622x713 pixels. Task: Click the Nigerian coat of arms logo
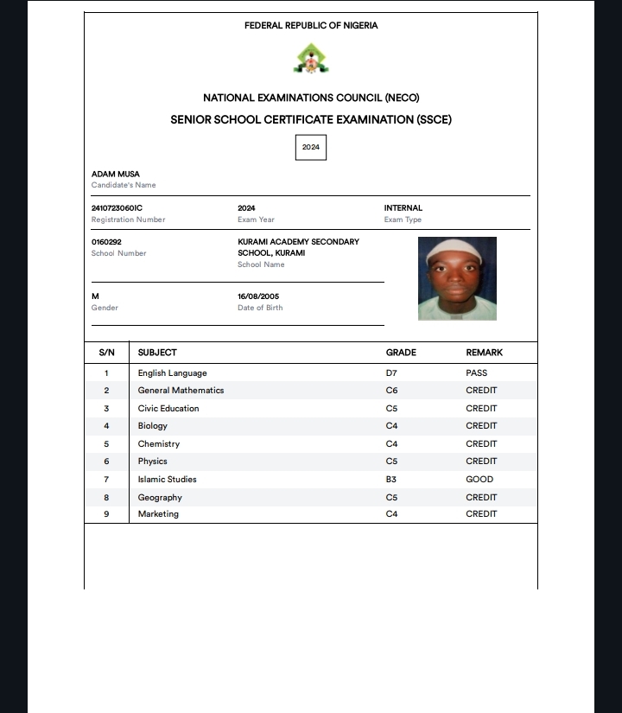311,59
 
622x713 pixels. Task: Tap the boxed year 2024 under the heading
311,147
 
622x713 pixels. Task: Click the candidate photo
457,278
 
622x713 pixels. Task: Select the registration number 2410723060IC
117,208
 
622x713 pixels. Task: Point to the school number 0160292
106,242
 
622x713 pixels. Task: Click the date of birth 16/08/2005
258,296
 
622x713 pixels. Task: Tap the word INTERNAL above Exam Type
403,208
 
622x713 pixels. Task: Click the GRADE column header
401,353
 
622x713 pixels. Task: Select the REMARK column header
484,353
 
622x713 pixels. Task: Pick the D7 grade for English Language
391,373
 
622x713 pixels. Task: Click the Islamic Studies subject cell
168,480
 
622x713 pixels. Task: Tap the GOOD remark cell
479,480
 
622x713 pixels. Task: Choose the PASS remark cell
476,373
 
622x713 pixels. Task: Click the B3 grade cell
391,480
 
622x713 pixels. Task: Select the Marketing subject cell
158,514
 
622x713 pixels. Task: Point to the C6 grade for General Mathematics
391,391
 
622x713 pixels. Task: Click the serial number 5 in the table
106,444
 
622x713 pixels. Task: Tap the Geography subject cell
160,498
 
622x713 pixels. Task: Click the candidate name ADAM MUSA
115,175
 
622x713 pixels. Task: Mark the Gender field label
105,308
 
